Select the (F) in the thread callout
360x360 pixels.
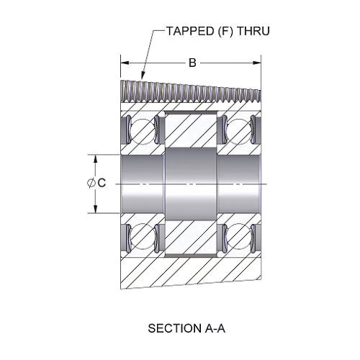point(225,31)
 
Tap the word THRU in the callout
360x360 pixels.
point(253,31)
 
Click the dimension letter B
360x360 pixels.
point(192,63)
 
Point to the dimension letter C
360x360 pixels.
point(102,183)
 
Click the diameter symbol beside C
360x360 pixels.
point(91,183)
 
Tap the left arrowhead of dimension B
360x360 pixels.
point(125,63)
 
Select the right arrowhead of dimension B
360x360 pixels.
point(256,63)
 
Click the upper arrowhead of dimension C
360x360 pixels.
point(96,159)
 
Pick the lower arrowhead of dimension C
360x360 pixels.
point(96,209)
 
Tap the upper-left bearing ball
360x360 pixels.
point(143,131)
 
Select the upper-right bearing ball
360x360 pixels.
point(239,131)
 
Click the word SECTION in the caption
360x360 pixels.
point(174,328)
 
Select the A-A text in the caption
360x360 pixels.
point(215,328)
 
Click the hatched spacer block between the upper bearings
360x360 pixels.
point(191,130)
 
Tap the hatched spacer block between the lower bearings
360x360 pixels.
point(191,238)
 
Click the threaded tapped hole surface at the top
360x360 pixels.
point(191,92)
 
